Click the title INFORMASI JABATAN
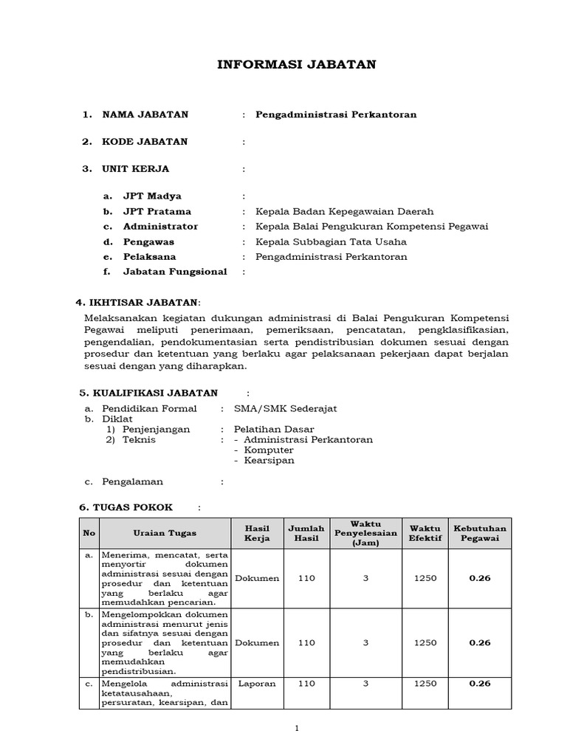pos(296,65)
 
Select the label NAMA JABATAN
pos(145,114)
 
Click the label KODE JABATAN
pos(145,142)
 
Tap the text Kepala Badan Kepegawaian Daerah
pos(344,211)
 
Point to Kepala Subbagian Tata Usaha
pos(331,241)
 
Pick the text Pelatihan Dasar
pos(274,429)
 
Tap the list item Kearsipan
pos(269,460)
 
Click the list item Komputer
pos(269,450)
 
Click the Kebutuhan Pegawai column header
pos(479,533)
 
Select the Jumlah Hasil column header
pos(306,533)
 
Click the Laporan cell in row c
pos(257,684)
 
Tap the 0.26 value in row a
pos(479,578)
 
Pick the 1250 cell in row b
pos(425,643)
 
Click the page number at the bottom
pos(296,728)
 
